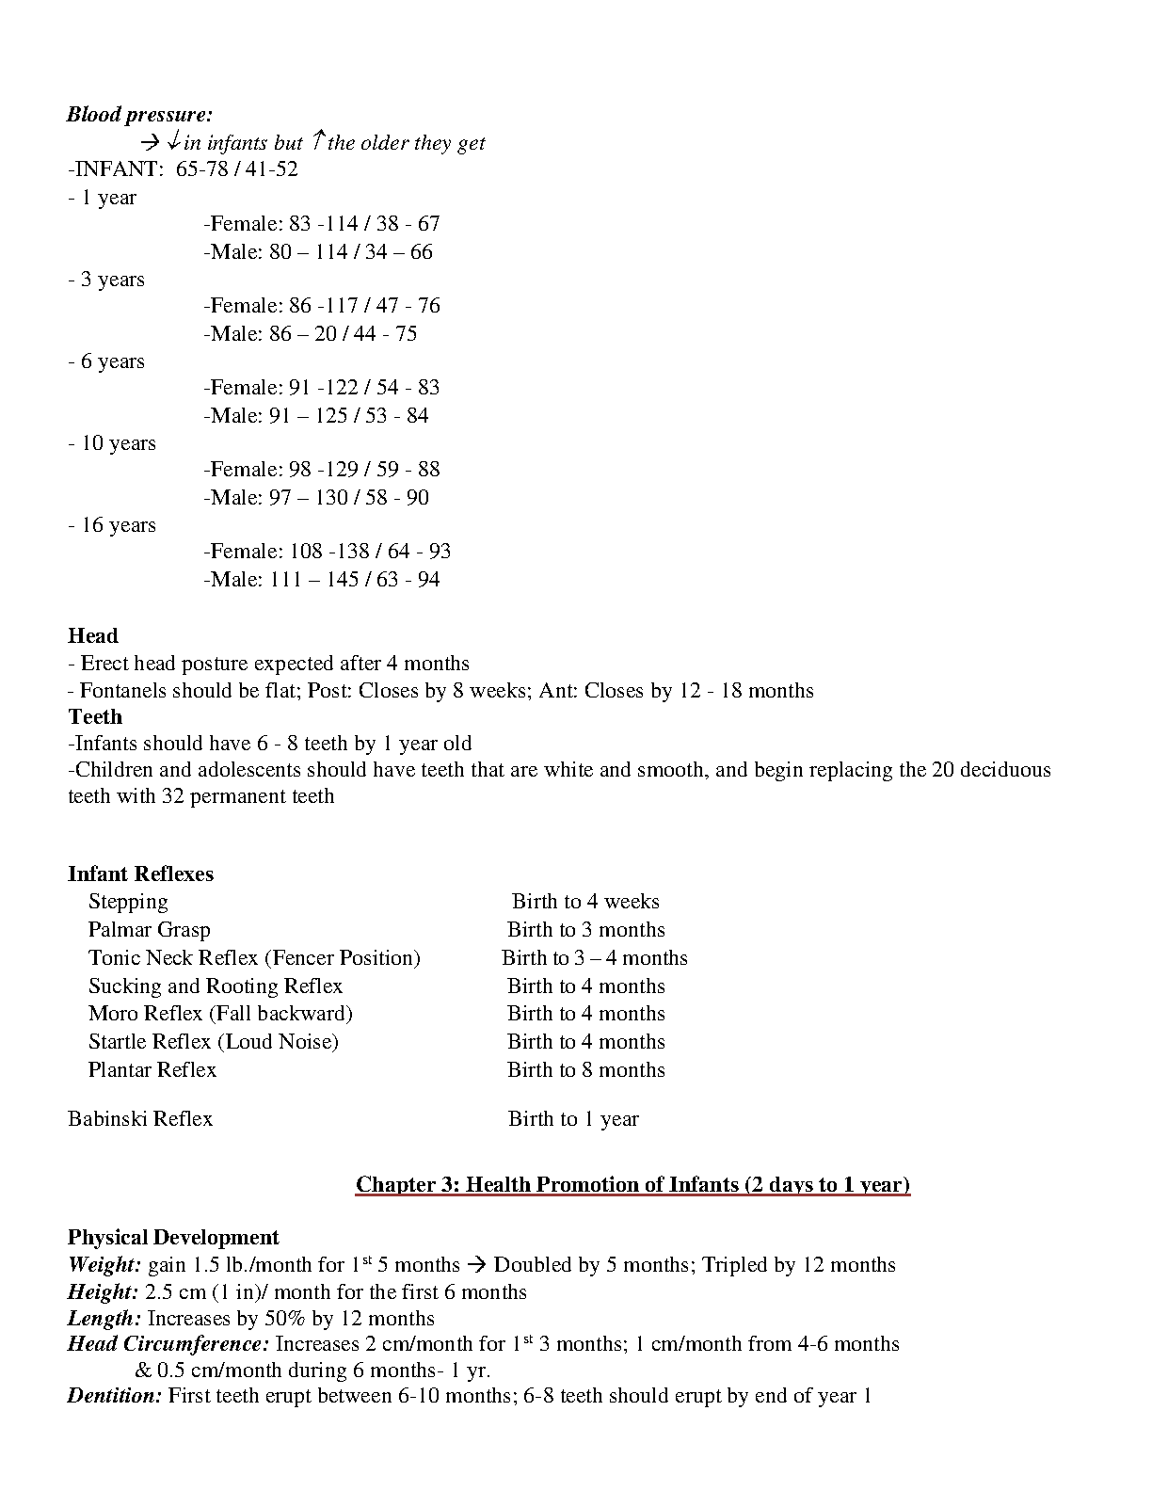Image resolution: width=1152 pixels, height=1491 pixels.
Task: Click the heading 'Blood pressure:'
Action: [139, 115]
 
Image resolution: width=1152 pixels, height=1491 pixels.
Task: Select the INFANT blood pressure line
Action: [183, 169]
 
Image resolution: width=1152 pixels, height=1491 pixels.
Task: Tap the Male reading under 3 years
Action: [310, 333]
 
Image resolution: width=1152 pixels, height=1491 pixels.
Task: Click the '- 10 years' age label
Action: [112, 443]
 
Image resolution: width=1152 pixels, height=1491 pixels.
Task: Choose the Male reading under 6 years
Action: [315, 415]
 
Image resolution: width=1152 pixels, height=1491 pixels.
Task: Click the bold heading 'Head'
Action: [92, 636]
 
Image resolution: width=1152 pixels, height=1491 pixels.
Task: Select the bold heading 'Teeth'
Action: [95, 716]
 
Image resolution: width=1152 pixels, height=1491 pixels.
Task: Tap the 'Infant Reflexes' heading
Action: [140, 874]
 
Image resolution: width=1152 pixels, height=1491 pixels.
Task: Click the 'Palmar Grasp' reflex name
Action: [149, 930]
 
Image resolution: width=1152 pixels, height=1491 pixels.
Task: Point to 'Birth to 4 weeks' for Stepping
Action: [585, 902]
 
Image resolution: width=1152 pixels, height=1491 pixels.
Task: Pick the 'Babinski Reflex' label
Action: [140, 1119]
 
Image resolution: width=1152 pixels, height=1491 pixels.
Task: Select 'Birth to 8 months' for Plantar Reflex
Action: [585, 1070]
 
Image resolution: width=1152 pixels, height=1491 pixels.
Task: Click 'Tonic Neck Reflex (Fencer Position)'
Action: [254, 958]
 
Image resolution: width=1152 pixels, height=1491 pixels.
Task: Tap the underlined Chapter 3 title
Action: [632, 1184]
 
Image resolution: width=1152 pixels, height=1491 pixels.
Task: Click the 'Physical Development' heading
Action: [173, 1237]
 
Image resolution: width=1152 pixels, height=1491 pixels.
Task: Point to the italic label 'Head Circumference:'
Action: [168, 1344]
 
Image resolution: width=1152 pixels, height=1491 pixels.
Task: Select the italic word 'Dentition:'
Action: [115, 1396]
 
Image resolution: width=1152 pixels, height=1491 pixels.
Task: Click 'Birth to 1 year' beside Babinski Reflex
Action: [573, 1119]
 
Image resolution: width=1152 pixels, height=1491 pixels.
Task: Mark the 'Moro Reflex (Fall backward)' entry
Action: [220, 1014]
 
